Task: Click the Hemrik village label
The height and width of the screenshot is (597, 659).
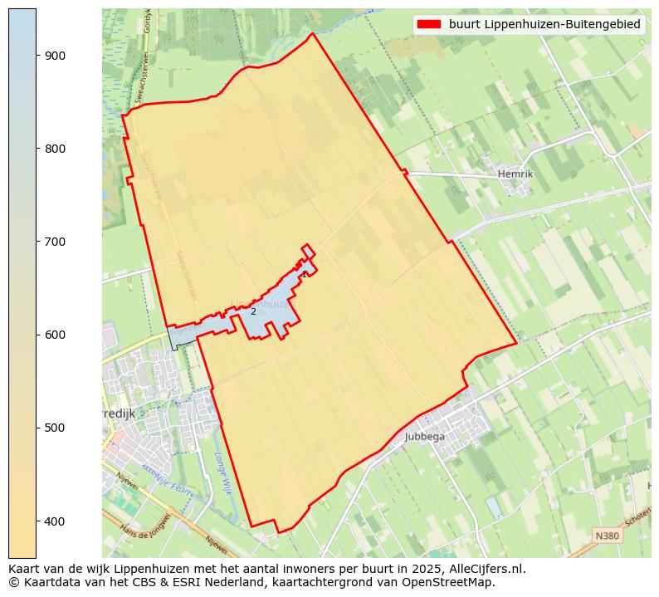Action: [515, 174]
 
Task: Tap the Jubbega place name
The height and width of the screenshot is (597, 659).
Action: [425, 436]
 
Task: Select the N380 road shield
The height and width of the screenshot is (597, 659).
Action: [607, 536]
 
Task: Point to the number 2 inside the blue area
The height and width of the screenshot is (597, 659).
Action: [253, 311]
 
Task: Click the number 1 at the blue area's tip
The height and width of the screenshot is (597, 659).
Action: [305, 274]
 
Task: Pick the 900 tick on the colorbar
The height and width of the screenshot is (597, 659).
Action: [55, 56]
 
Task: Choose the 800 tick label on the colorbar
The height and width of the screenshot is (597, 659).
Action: [55, 149]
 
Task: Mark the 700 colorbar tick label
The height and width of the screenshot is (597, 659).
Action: [55, 242]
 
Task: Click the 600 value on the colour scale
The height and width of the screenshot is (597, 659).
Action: [55, 335]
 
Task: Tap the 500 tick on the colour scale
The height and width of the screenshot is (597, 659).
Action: [55, 428]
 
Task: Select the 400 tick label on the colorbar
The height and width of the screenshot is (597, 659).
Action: [55, 521]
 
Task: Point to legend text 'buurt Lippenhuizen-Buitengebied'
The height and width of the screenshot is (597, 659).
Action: [544, 25]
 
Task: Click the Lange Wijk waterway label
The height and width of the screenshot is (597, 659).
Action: [221, 473]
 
